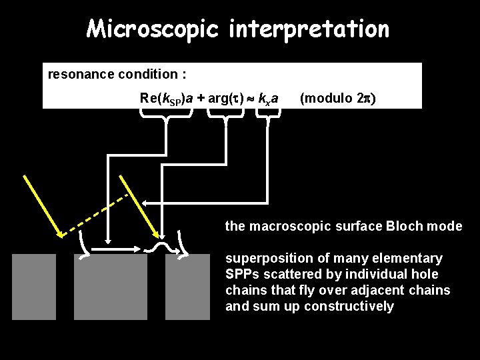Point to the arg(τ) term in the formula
[223, 99]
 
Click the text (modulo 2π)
[337, 99]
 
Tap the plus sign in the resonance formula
[200, 99]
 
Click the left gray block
[34, 287]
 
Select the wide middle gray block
[110, 287]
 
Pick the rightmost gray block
[187, 287]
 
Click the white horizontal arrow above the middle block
[115, 249]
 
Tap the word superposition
[259, 258]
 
